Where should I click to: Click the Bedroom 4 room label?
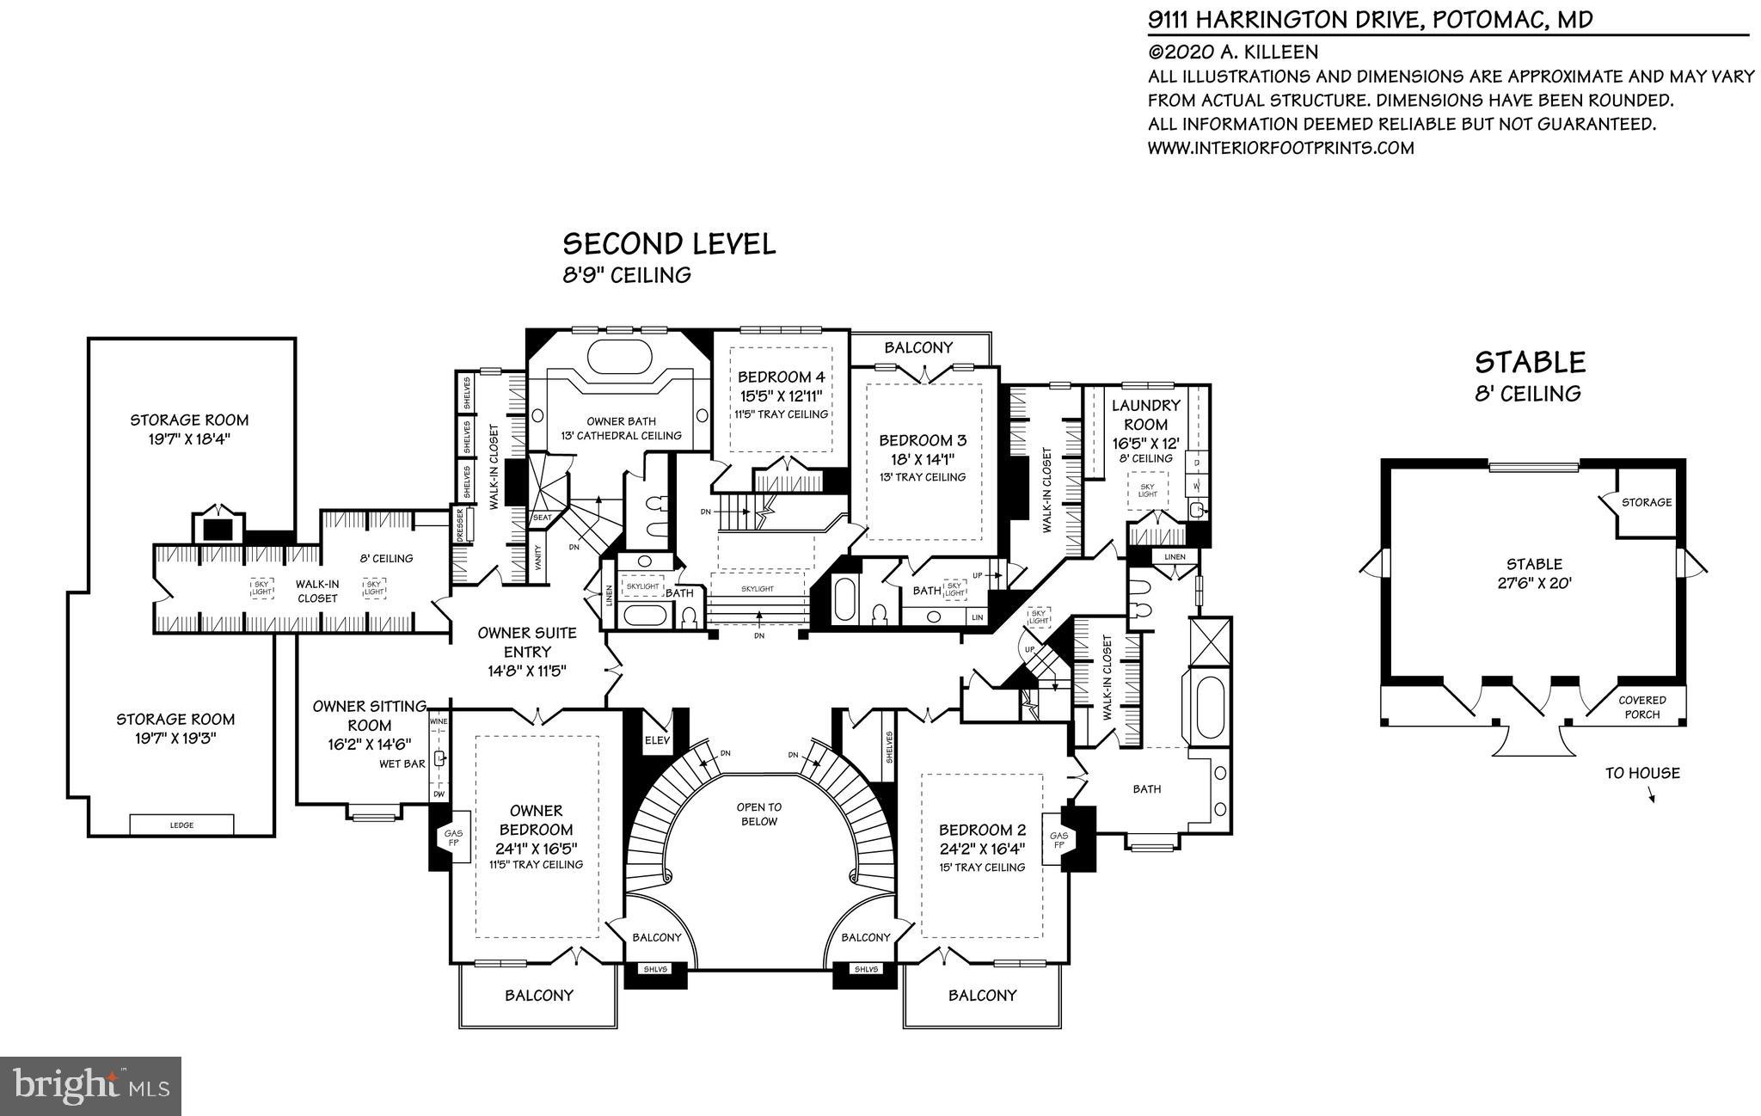point(781,377)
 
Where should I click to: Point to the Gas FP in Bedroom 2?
point(1058,839)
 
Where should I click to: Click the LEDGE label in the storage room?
point(181,825)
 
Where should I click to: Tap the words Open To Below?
point(758,814)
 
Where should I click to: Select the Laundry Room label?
point(1145,414)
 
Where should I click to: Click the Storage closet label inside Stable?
point(1646,502)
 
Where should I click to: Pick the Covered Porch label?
point(1641,707)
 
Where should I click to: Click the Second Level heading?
point(668,244)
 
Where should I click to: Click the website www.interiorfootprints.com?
point(1280,148)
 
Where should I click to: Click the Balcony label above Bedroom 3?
point(918,347)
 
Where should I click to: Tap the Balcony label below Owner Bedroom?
point(538,995)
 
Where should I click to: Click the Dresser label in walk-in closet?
point(460,524)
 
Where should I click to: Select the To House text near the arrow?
point(1641,773)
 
